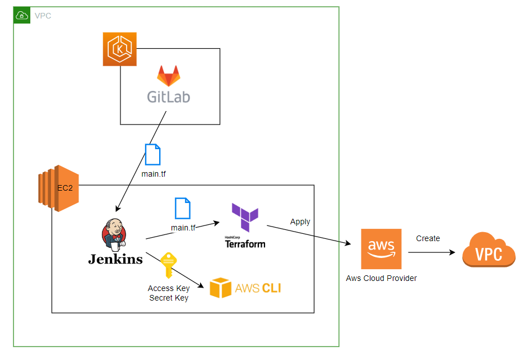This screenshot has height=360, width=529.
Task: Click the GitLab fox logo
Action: (168, 76)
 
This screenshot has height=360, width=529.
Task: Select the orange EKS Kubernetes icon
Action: (119, 49)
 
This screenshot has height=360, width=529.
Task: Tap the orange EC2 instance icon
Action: (58, 188)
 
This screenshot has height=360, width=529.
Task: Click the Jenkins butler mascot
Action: (114, 234)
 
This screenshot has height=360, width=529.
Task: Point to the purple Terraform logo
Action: (245, 218)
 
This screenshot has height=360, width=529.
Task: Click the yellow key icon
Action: (168, 265)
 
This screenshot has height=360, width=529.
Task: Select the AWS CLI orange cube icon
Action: (220, 288)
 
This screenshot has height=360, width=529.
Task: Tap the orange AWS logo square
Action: (382, 249)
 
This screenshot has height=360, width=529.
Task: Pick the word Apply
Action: (300, 221)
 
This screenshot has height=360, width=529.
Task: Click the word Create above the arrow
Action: (428, 238)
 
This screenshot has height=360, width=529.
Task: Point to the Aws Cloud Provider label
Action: (381, 278)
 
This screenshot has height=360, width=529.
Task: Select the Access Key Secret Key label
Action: (169, 293)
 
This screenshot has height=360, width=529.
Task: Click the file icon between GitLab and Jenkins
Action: (152, 154)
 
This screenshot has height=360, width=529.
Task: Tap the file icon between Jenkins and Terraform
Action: (182, 208)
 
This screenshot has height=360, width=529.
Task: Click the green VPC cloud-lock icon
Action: (21, 16)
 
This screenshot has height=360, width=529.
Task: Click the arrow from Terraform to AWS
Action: (308, 234)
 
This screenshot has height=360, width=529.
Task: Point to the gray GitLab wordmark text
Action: (168, 96)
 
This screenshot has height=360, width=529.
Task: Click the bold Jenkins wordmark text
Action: (115, 259)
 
